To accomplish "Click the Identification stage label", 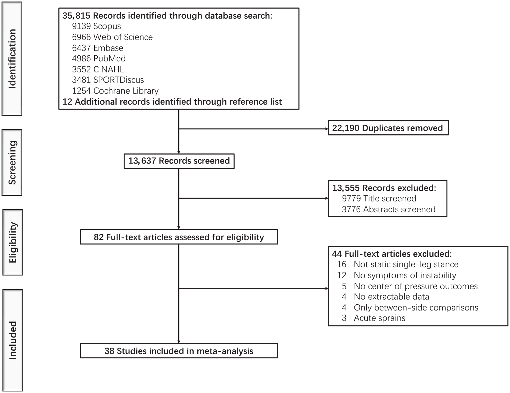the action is click(12, 59).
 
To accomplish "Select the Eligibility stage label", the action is click(13, 242).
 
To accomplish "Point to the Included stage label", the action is click(13, 340).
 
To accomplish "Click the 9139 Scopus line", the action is click(96, 26).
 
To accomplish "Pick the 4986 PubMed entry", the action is click(99, 58).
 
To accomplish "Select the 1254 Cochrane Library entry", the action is click(115, 91).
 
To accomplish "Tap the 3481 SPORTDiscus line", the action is click(108, 80).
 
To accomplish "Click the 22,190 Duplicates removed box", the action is click(388, 128).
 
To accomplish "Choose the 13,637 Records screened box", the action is click(179, 161).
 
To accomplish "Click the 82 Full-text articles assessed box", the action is click(179, 237).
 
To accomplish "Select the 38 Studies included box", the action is click(179, 351).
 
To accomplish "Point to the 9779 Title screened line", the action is click(379, 198).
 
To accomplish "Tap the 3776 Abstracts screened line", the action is click(389, 209).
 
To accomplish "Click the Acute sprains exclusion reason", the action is click(380, 318).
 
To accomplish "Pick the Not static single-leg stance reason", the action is click(406, 264).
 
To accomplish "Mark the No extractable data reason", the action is click(392, 297).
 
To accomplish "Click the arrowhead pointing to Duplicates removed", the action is click(326, 129).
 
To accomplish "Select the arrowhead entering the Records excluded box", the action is click(326, 198).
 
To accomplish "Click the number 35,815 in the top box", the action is click(76, 16).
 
